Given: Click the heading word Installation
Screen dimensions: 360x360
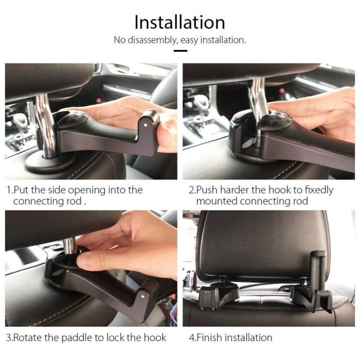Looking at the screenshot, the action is pyautogui.click(x=180, y=22).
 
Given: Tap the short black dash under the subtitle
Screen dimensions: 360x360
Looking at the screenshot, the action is pyautogui.click(x=180, y=51).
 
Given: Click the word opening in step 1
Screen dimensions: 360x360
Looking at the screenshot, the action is pyautogui.click(x=87, y=190).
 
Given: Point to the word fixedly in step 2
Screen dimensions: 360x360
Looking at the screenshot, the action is pyautogui.click(x=319, y=190).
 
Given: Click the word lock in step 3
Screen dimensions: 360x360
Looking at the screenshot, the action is pyautogui.click(x=116, y=337).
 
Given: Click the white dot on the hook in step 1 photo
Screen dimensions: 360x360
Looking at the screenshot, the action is pyautogui.click(x=145, y=125).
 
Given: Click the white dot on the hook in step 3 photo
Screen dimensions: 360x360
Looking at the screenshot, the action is pyautogui.click(x=143, y=297).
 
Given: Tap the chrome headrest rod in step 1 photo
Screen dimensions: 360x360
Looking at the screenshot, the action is pyautogui.click(x=46, y=126).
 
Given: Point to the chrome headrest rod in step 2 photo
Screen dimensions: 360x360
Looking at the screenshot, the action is pyautogui.click(x=259, y=99).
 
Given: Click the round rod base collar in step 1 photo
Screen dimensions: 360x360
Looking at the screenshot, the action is pyautogui.click(x=49, y=163).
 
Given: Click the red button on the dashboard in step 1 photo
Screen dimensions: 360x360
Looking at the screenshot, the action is pyautogui.click(x=99, y=100).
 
